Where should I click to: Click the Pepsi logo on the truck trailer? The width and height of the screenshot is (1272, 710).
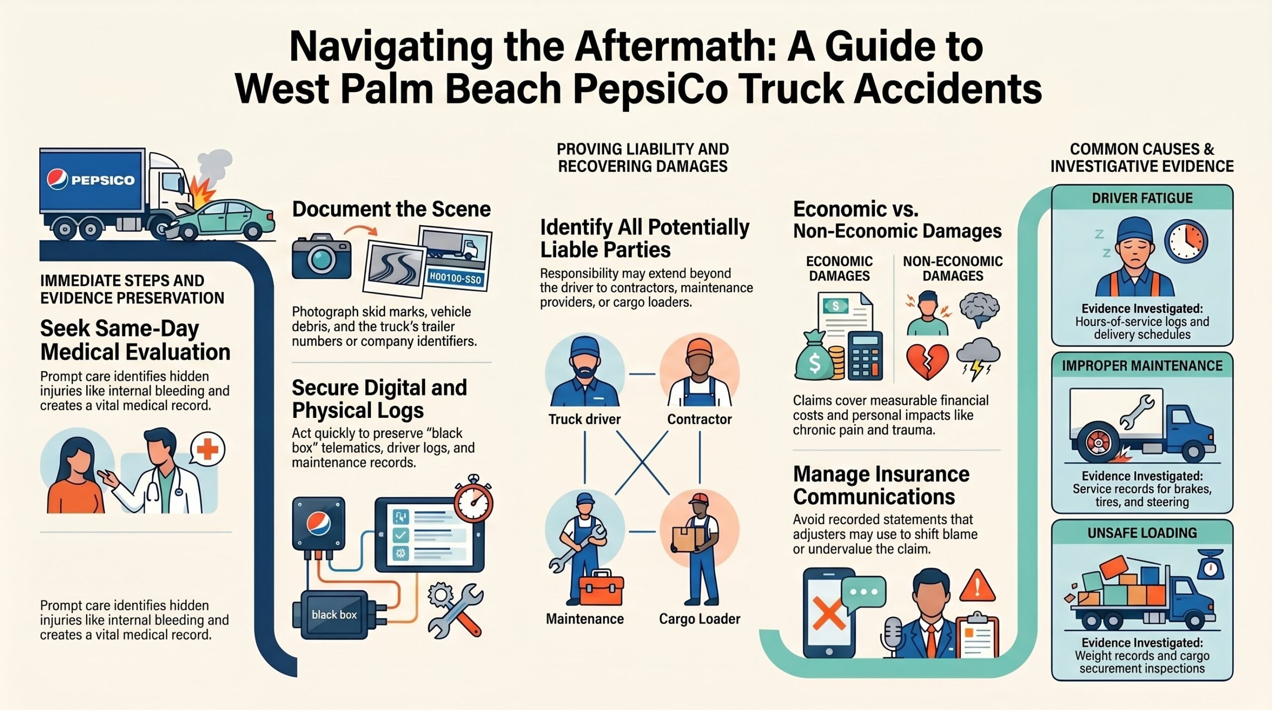(x=57, y=179)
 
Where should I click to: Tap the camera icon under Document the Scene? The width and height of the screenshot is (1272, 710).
(x=321, y=257)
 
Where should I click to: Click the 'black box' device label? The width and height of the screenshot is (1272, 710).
(x=334, y=615)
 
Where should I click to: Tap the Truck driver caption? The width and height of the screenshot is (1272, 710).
(x=584, y=419)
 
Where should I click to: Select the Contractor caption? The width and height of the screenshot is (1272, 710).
(x=699, y=419)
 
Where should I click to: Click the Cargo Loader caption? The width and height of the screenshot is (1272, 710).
(x=700, y=619)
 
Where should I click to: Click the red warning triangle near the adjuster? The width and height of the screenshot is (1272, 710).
(x=977, y=585)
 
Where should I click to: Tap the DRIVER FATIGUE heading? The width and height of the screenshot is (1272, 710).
(x=1142, y=198)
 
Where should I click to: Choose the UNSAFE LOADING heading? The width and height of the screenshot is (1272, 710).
(x=1142, y=533)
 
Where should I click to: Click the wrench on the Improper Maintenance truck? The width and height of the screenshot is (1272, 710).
(x=1137, y=412)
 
